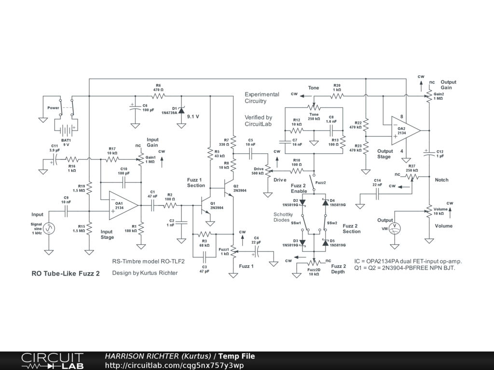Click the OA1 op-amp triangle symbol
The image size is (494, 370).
[123, 205]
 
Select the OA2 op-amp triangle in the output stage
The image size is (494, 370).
[405, 131]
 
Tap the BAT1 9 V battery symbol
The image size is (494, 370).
[66, 130]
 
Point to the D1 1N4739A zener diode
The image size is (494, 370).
[181, 110]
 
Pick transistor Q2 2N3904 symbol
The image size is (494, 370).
[229, 188]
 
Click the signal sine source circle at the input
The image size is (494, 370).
[49, 228]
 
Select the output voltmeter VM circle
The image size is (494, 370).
[395, 228]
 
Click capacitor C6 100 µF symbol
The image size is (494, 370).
[135, 107]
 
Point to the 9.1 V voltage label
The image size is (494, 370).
[193, 117]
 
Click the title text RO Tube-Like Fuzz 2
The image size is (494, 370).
[66, 274]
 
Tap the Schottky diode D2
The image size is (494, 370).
[302, 202]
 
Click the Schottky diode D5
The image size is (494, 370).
[326, 243]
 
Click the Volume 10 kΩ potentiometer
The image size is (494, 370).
[429, 211]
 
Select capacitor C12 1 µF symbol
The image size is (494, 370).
[429, 153]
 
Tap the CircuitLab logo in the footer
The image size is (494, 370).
[52, 361]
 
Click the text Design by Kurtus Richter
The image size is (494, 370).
[145, 273]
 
